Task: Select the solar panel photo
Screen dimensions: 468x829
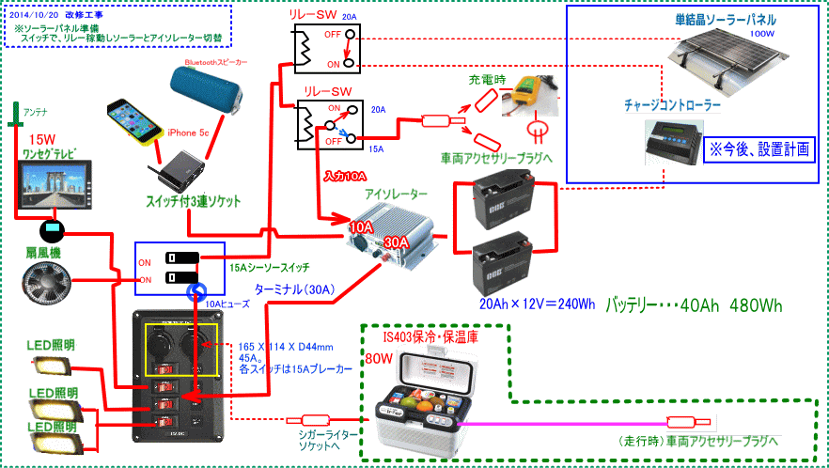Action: [731, 58]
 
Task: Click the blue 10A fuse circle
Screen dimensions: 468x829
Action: [197, 292]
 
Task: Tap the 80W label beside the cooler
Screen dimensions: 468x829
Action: [378, 358]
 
